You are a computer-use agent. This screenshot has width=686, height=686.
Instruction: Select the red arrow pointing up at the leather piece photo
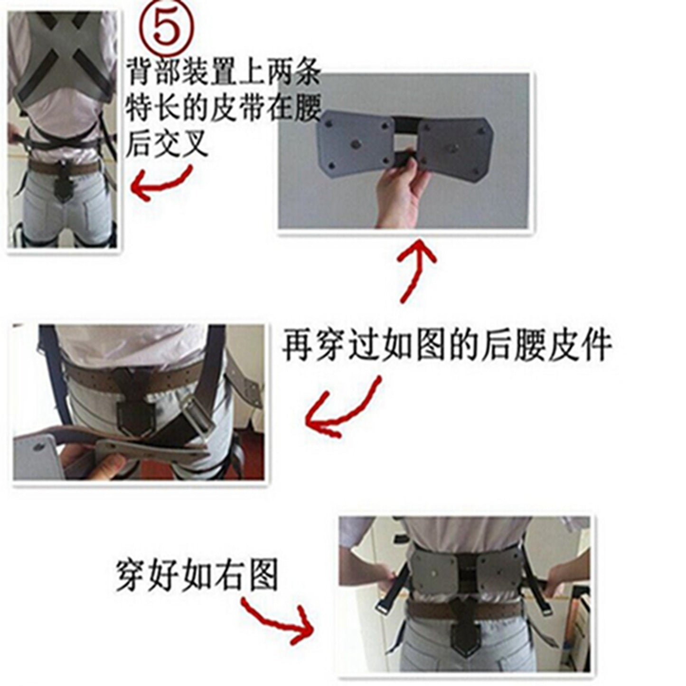point(414,271)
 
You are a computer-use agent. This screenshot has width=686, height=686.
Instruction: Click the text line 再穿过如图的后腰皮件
point(446,346)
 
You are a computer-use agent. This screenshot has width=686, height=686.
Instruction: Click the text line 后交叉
point(166,143)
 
